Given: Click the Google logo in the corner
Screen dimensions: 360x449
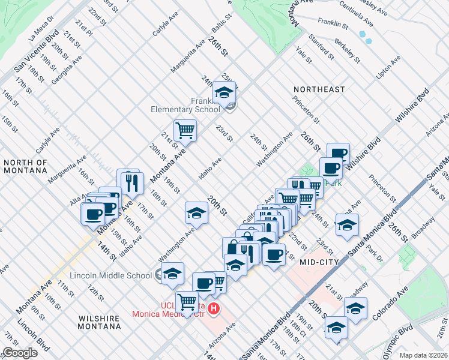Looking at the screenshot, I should [x=20, y=353].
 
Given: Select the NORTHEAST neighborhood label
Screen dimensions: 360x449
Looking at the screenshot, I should [x=319, y=89].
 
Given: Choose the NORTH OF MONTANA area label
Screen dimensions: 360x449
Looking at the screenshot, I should [x=25, y=166].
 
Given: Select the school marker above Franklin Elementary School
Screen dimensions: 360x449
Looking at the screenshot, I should [x=224, y=93].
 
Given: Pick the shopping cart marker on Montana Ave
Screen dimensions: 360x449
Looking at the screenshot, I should [x=185, y=130].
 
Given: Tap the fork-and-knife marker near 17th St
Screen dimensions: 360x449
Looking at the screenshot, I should [x=131, y=181].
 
